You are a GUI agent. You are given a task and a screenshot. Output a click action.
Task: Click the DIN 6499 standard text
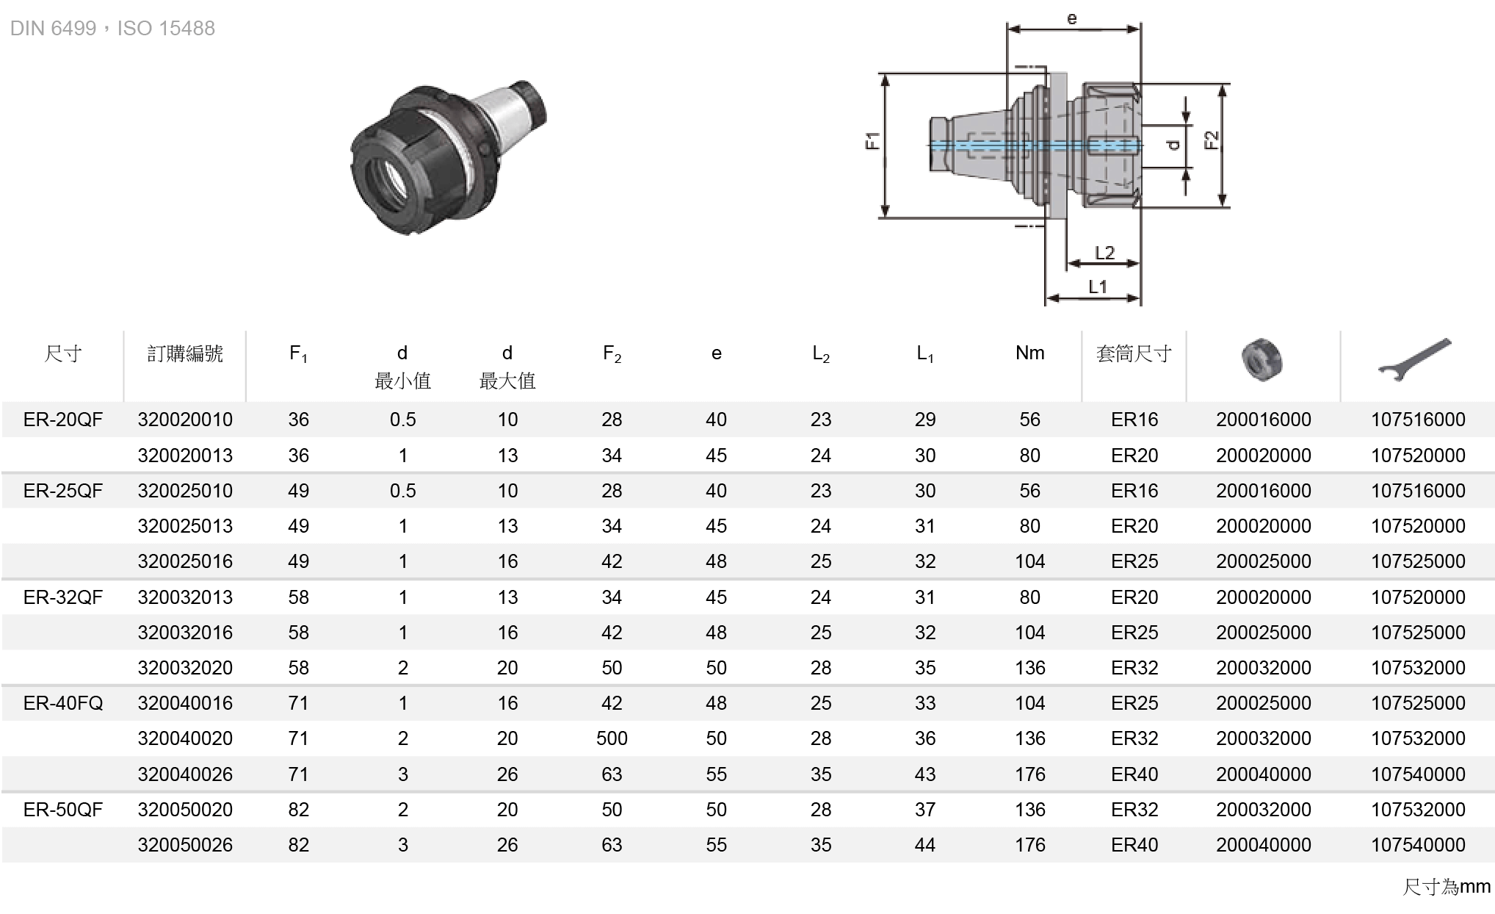53,28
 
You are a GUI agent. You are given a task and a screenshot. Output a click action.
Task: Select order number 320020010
185,420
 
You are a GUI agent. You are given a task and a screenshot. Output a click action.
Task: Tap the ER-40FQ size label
63,703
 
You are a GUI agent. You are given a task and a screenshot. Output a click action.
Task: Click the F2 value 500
612,738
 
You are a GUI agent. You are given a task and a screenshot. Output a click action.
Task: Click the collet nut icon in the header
1261,359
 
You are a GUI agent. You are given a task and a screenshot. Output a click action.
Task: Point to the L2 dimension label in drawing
1104,253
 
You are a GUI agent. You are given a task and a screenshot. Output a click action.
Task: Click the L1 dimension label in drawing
1098,287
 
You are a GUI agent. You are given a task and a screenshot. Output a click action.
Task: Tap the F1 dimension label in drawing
872,140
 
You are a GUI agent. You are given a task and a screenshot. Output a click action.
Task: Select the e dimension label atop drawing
1072,18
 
